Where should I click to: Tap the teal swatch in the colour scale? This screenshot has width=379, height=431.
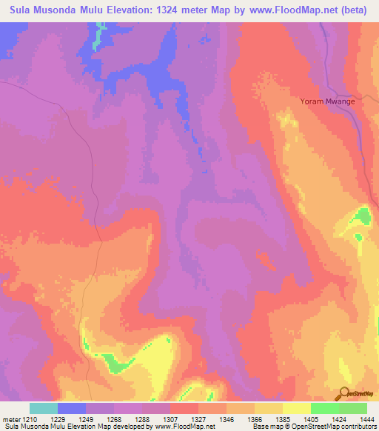pyautogui.click(x=44, y=408)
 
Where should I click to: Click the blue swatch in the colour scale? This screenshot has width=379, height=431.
pyautogui.click(x=72, y=408)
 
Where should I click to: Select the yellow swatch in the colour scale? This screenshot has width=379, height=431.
pyautogui.click(x=296, y=408)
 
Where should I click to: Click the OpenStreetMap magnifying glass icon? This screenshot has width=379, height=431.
pyautogui.click(x=343, y=395)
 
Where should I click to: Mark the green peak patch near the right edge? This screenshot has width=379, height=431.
pyautogui.click(x=360, y=217)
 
